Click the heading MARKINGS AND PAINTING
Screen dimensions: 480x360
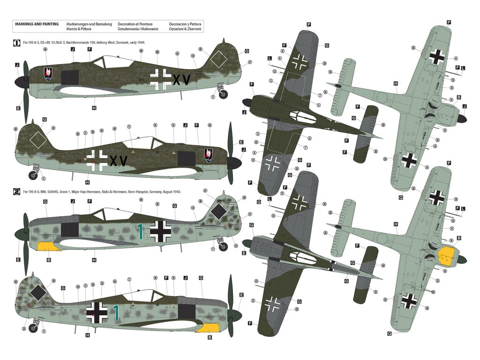pyautogui.click(x=37, y=23)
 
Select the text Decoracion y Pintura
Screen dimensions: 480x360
pyautogui.click(x=185, y=23)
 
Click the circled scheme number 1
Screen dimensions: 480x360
pyautogui.click(x=16, y=43)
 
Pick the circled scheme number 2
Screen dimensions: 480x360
pyautogui.click(x=16, y=192)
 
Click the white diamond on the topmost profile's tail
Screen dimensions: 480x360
pyautogui.click(x=219, y=60)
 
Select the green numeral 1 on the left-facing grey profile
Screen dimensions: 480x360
pyautogui.click(x=139, y=230)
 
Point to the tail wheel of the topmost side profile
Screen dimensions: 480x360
pyautogui.click(x=223, y=92)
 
